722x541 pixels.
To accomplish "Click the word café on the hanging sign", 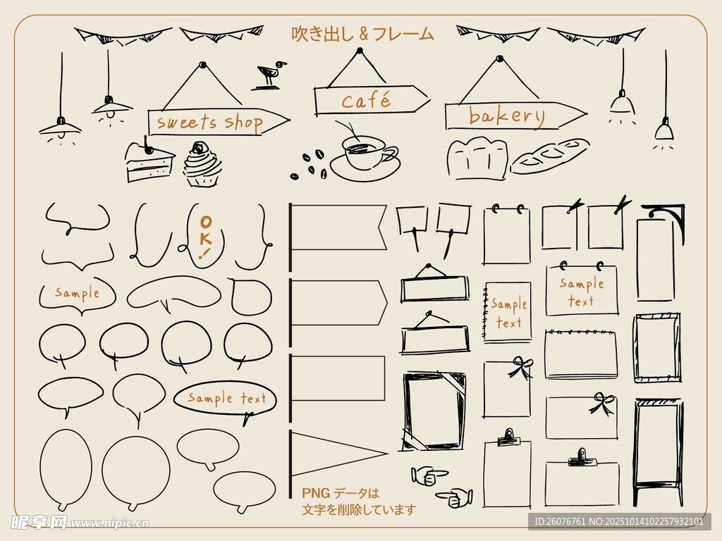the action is pos(366,101).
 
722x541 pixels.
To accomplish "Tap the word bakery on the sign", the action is pos(506,116).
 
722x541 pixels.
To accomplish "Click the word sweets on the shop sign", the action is pos(186,123).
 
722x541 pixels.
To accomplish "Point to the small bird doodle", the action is pos(269,75).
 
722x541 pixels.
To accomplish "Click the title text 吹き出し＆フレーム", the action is pos(363,34).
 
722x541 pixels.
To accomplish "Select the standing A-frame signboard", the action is pos(658,453).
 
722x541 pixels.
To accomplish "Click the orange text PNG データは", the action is pos(341,493).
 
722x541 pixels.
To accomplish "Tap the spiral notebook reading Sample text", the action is pos(507,312).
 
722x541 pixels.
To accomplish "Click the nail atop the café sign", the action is pos(360,50).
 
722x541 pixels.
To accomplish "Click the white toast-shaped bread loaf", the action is pos(477,158).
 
